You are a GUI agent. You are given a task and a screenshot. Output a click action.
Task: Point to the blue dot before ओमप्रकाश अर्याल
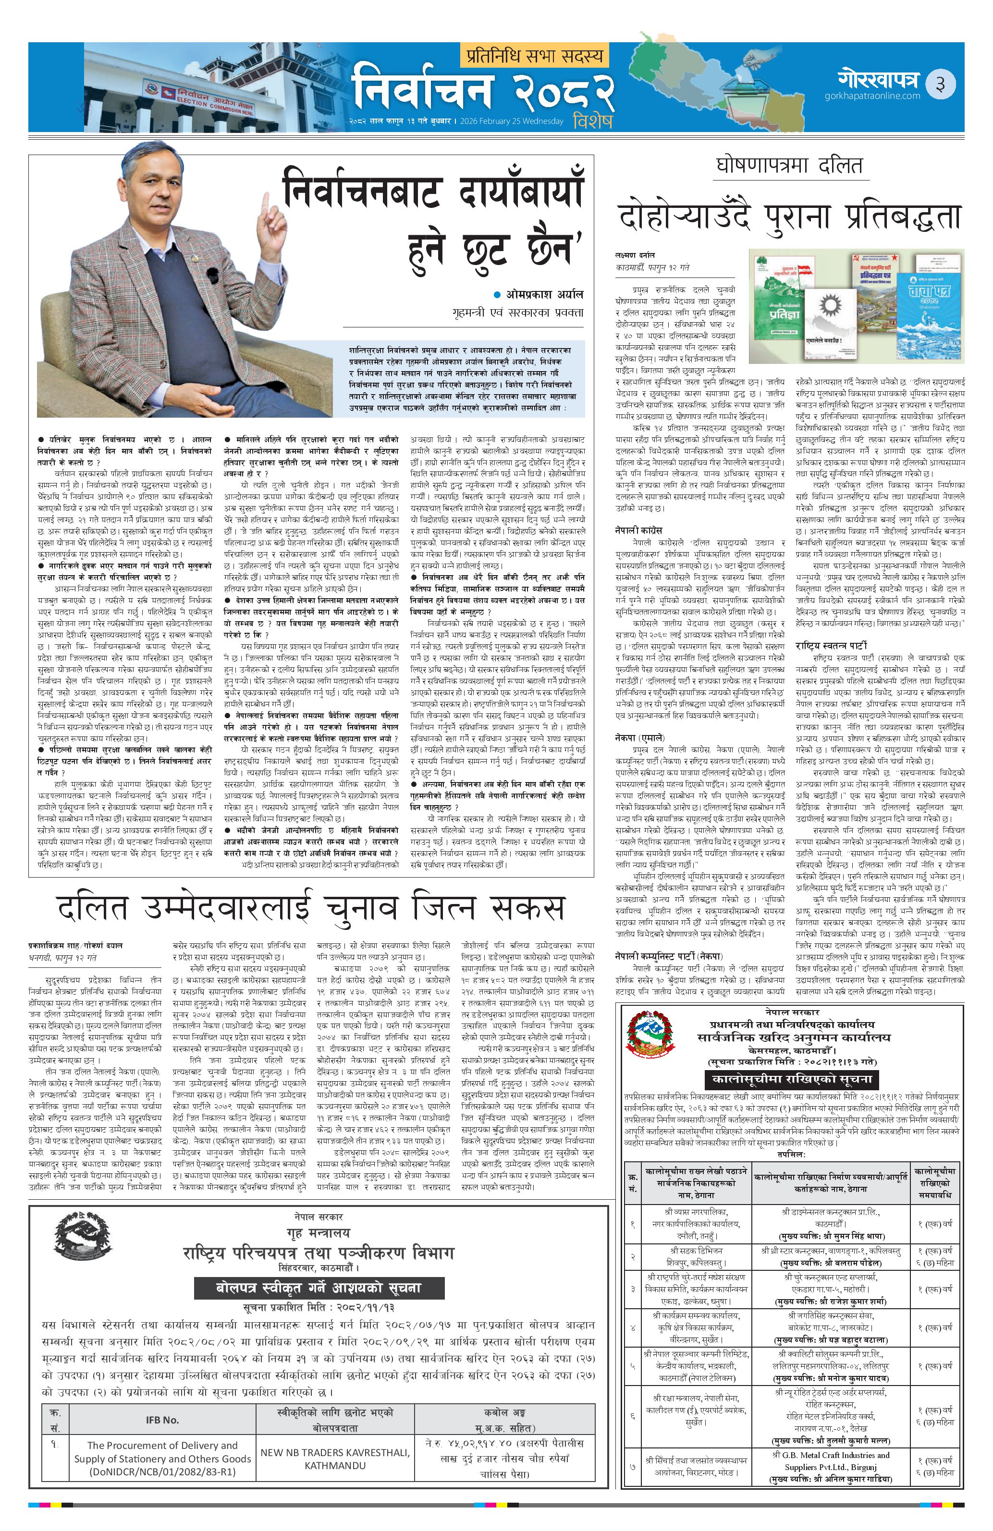(x=496, y=295)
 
